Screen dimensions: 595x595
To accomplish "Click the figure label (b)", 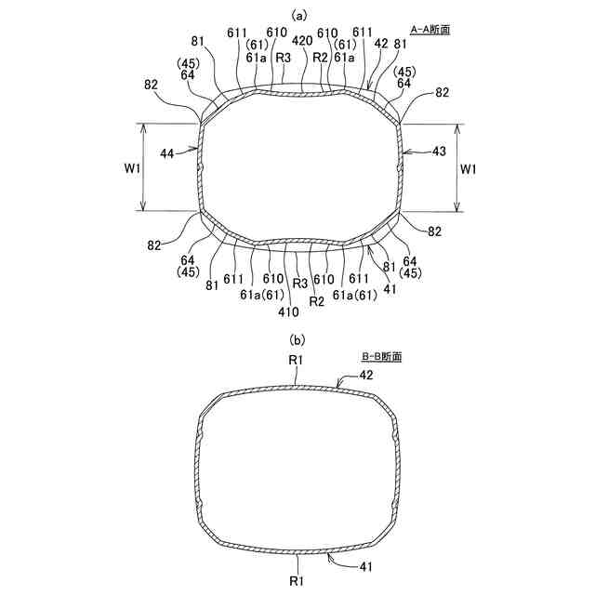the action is [x=297, y=340].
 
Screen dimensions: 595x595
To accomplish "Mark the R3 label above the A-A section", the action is [x=282, y=57].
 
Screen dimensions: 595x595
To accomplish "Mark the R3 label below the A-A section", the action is [x=300, y=283].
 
